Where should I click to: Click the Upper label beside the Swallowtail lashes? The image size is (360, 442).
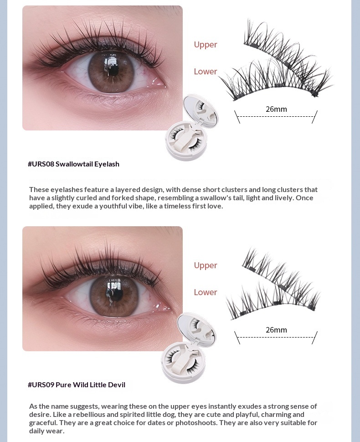pyautogui.click(x=206, y=45)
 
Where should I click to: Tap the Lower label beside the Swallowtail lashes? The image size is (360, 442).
pyautogui.click(x=206, y=71)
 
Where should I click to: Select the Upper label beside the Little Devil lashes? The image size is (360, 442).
pyautogui.click(x=206, y=265)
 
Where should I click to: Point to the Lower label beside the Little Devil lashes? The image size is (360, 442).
pyautogui.click(x=206, y=292)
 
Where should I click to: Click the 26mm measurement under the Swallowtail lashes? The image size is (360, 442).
pyautogui.click(x=276, y=109)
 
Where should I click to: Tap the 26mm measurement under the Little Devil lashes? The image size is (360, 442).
pyautogui.click(x=276, y=330)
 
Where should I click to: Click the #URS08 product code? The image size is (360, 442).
pyautogui.click(x=41, y=164)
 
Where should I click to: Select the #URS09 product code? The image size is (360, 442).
pyautogui.click(x=41, y=385)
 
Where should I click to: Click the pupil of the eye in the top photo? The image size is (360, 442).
pyautogui.click(x=113, y=69)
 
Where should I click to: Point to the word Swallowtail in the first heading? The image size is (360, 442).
pyautogui.click(x=74, y=164)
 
